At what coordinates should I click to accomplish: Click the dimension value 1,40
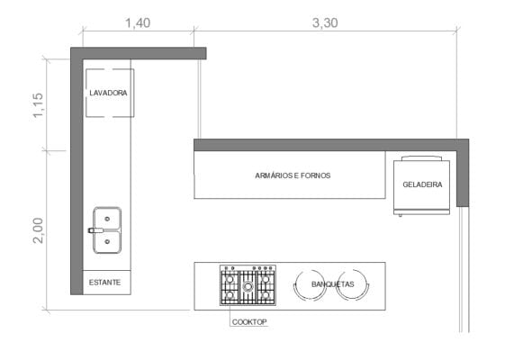pos(137,23)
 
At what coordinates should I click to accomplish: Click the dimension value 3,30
pos(325,23)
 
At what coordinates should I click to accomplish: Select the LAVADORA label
pos(108,93)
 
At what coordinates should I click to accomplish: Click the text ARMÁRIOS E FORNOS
pos(293,175)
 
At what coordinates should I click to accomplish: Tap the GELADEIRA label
pos(422,184)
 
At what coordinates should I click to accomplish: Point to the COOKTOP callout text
pos(249,321)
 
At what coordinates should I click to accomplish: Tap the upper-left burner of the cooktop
pos(230,277)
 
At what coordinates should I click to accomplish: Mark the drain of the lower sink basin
pos(107,240)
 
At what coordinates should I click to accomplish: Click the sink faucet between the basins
pos(93,230)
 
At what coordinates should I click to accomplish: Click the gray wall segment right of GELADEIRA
pos(463,175)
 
